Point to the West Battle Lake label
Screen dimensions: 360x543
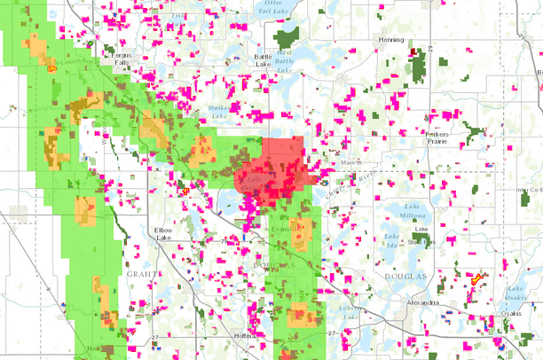[284, 59]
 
